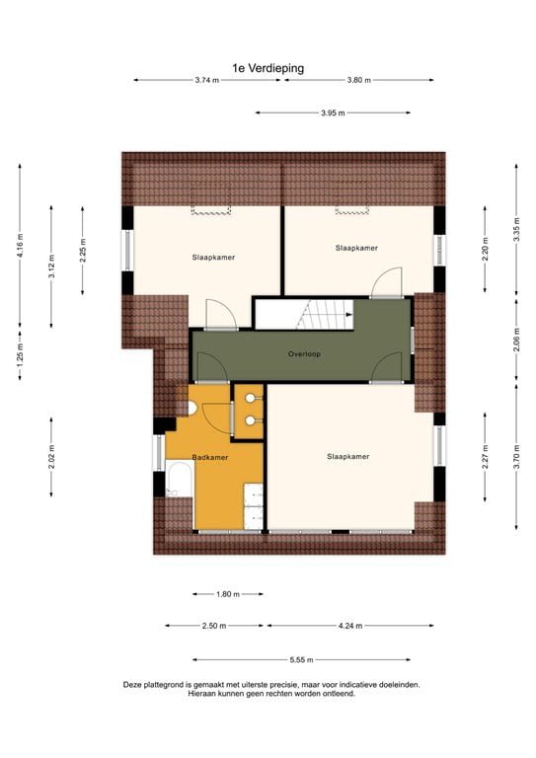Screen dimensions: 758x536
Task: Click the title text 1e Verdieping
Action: [268, 68]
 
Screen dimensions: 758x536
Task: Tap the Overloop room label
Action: [304, 353]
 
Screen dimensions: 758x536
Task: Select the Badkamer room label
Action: [210, 457]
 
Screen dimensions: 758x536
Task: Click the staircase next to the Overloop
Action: [304, 315]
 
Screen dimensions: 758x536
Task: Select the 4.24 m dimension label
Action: [349, 626]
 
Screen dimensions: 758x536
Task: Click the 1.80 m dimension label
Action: [228, 594]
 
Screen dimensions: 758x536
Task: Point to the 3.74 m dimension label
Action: [207, 80]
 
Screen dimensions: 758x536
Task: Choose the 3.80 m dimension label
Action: [359, 80]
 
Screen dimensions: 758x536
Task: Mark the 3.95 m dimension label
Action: [333, 113]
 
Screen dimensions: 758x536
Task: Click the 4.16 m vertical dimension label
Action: [20, 243]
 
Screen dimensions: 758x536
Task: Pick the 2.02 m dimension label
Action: [51, 456]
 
